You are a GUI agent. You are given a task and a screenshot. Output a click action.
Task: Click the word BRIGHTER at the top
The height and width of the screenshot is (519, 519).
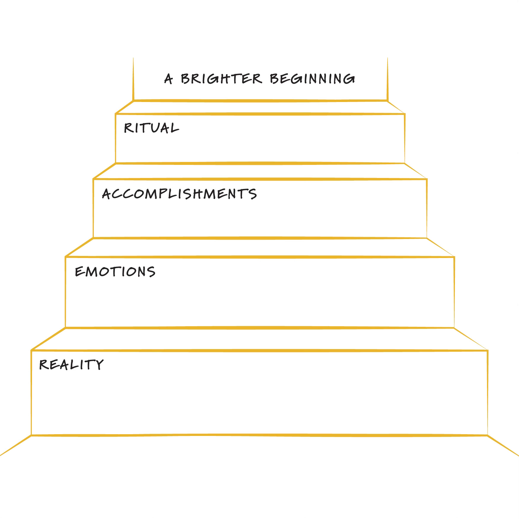point(221,79)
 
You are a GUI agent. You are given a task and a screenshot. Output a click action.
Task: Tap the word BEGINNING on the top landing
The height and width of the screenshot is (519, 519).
point(312,79)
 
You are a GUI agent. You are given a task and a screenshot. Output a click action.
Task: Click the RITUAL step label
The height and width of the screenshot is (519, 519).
point(152,128)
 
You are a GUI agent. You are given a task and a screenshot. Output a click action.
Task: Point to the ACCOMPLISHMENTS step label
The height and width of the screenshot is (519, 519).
point(179,194)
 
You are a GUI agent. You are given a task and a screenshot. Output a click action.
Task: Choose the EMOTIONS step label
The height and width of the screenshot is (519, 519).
point(115,272)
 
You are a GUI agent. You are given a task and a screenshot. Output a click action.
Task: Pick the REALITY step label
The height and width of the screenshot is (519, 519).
point(71,364)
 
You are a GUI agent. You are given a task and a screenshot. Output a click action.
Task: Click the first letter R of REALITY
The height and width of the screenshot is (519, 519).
point(44,364)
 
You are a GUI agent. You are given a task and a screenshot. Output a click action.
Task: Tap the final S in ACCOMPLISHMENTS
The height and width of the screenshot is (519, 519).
point(253,195)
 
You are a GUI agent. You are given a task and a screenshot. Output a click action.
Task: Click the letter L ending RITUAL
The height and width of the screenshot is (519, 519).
point(174,128)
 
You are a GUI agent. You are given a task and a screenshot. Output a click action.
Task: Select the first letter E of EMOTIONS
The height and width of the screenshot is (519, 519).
point(79,272)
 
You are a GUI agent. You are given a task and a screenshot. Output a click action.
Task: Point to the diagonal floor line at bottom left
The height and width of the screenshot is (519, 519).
point(15,446)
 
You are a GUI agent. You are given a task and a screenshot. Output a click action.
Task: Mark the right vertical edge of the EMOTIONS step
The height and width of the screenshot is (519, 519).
point(454,292)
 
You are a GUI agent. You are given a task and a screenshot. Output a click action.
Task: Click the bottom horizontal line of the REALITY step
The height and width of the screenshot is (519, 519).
point(259,435)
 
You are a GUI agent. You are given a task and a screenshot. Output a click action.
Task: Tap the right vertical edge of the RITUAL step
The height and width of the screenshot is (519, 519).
point(405,138)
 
